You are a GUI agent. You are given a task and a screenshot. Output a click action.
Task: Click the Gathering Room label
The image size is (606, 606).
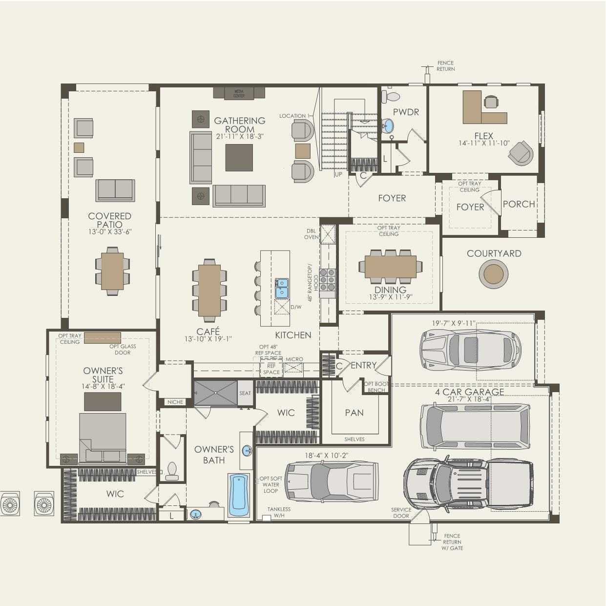[x=239, y=125]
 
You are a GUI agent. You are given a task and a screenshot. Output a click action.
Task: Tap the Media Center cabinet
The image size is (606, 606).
[x=239, y=93]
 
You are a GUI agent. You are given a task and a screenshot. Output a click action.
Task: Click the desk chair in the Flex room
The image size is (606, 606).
[x=491, y=102]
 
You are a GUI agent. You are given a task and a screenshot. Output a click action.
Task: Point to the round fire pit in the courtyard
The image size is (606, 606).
[x=493, y=274]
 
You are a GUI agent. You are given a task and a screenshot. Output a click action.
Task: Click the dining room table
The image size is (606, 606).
[x=390, y=267]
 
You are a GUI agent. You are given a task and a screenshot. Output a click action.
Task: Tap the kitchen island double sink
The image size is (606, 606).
[x=282, y=288]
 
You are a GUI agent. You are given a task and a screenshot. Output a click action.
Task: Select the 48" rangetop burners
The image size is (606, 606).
[x=327, y=279]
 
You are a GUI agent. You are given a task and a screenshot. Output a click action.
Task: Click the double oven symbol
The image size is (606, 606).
[x=328, y=234]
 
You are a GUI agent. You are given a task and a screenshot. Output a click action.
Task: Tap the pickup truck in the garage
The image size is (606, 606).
[x=468, y=483]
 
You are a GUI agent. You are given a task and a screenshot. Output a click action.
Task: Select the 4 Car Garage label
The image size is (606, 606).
[x=469, y=392]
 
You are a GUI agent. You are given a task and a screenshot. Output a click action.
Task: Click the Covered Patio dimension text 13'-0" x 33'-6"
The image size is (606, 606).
[x=110, y=232]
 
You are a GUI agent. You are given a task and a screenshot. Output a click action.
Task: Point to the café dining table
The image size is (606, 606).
[x=209, y=290]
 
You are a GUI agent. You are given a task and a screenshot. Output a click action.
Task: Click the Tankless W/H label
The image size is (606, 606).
[x=279, y=512]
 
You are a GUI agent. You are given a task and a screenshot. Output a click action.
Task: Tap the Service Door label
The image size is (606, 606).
[x=401, y=513]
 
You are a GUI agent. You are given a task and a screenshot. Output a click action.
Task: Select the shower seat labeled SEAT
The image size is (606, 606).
[x=245, y=393]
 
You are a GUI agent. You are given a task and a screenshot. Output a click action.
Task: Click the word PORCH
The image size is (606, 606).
[x=519, y=204]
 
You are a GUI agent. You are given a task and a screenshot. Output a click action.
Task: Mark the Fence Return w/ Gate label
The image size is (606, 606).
[x=452, y=542]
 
